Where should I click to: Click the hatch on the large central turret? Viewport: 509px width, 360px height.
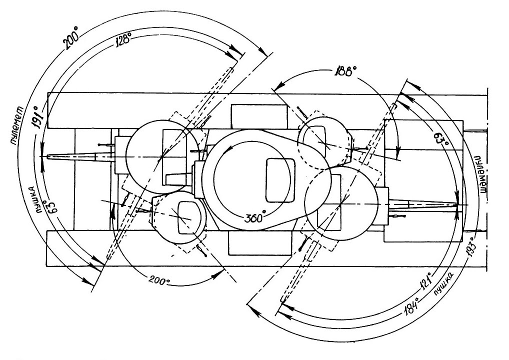click(279, 179)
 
